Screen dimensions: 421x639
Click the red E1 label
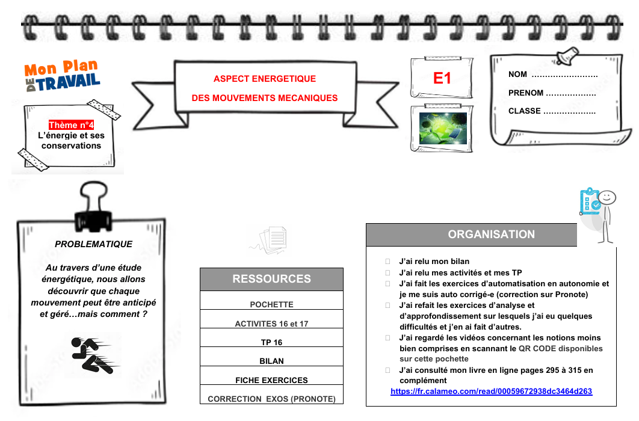tap(442, 78)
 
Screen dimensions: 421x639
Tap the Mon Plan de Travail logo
tap(63, 76)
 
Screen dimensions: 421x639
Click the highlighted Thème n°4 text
tap(71, 125)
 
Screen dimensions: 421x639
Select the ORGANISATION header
tap(491, 235)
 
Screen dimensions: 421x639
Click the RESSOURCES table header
tap(271, 279)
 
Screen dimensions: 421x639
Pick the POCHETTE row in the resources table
tap(271, 304)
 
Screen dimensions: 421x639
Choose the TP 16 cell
tap(271, 342)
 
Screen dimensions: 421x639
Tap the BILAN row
tap(271, 361)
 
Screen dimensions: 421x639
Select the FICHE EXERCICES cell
tap(271, 380)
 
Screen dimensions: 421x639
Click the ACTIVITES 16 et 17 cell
tap(271, 324)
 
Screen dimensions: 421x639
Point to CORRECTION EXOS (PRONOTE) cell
tap(271, 399)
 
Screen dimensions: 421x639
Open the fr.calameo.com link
tap(491, 392)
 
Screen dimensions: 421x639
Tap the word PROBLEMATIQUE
tap(93, 244)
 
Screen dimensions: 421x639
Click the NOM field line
tap(564, 75)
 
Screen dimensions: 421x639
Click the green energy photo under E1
tap(443, 128)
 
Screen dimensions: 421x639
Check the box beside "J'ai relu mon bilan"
tap(388, 262)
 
